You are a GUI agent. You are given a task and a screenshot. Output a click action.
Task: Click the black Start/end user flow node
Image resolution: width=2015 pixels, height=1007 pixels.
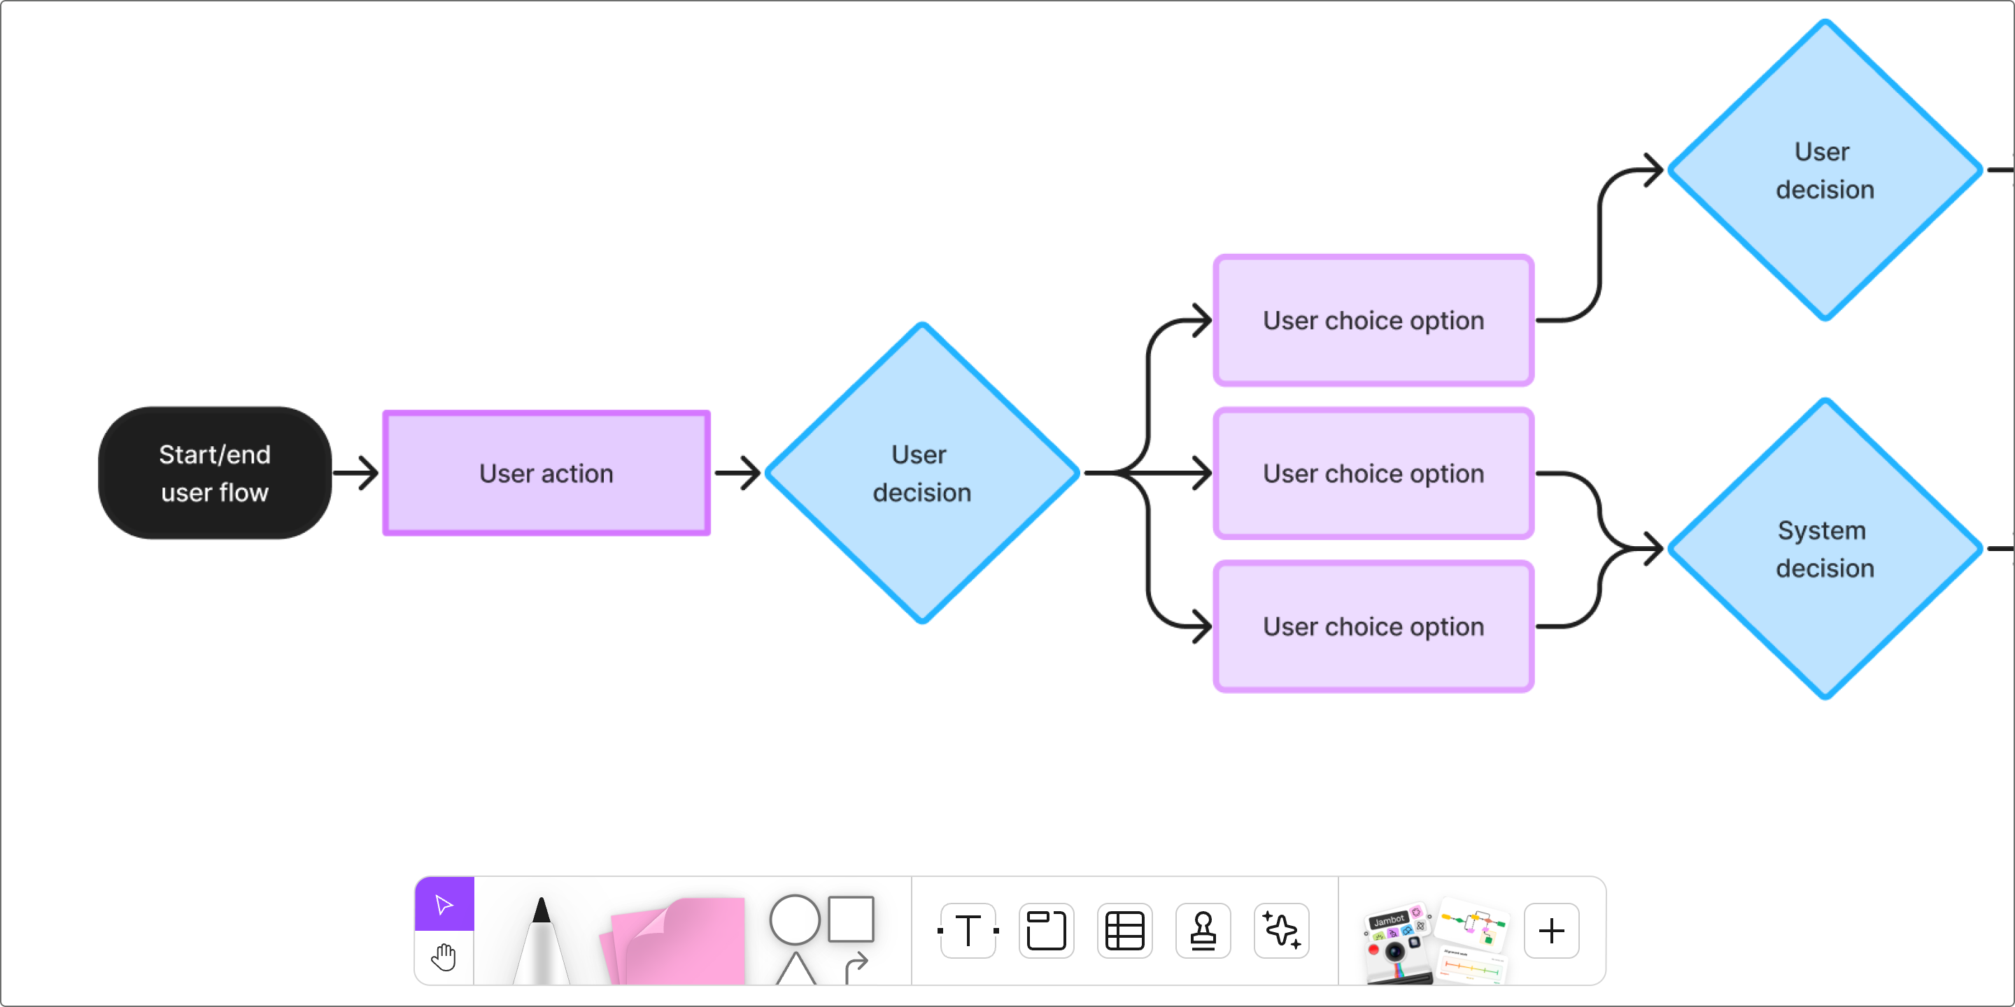pos(214,473)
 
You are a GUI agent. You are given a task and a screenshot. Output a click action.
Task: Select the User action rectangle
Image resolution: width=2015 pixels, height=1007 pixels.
pos(546,473)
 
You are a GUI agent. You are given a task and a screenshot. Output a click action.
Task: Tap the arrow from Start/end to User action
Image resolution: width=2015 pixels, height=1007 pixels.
pos(356,473)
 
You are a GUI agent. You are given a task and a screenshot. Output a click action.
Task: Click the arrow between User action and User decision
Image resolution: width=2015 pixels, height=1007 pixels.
pos(737,473)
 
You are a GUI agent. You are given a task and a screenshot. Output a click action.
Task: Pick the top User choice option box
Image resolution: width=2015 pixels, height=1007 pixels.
pos(1373,320)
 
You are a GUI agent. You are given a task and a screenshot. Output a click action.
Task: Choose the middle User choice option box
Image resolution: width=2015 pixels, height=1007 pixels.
pos(1373,473)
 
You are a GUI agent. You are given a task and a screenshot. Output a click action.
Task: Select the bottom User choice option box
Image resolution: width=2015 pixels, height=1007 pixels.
pos(1373,627)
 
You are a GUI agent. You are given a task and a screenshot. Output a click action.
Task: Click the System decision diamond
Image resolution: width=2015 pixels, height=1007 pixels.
pos(1824,549)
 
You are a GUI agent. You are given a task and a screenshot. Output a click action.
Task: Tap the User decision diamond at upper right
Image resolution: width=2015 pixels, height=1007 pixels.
pos(1824,170)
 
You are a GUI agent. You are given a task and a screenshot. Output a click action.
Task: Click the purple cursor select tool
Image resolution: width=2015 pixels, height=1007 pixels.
pos(444,905)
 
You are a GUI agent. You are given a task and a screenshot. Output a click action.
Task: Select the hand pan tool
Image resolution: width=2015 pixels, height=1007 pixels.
pos(444,957)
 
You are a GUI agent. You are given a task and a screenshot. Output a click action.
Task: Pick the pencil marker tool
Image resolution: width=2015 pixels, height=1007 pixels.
pos(542,942)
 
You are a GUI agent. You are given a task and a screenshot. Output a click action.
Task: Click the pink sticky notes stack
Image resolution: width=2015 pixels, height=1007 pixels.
pos(677,942)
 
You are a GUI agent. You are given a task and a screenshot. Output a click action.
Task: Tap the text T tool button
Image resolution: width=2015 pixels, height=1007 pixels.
pos(968,930)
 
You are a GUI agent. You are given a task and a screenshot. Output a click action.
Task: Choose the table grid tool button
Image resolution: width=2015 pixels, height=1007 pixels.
pos(1124,930)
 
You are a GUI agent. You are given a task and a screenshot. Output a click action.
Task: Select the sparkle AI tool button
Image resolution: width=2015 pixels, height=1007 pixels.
pos(1281,930)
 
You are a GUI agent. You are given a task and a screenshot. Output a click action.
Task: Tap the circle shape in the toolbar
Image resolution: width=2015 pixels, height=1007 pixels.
pos(794,920)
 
